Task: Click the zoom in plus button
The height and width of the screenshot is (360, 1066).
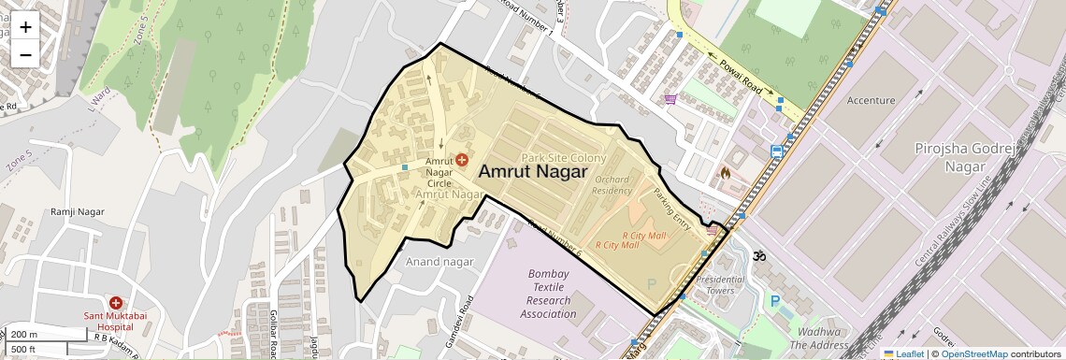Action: pyautogui.click(x=25, y=27)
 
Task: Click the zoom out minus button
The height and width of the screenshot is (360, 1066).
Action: pyautogui.click(x=25, y=54)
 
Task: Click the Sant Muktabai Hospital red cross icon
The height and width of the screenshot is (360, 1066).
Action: pyautogui.click(x=116, y=303)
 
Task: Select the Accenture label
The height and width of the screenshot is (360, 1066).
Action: pyautogui.click(x=871, y=99)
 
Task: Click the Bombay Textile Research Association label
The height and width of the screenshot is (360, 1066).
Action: pyautogui.click(x=552, y=294)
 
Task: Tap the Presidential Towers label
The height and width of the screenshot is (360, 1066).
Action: pyautogui.click(x=721, y=284)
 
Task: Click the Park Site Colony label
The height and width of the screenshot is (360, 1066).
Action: pyautogui.click(x=564, y=158)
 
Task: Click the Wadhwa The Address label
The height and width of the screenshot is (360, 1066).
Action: pyautogui.click(x=817, y=338)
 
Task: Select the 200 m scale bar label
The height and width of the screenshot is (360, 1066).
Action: pyautogui.click(x=25, y=335)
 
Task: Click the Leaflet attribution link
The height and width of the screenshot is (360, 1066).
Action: pyautogui.click(x=902, y=353)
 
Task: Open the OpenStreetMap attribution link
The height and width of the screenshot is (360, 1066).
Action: pyautogui.click(x=973, y=353)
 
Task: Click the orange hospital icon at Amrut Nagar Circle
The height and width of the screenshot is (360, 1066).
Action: pyautogui.click(x=462, y=161)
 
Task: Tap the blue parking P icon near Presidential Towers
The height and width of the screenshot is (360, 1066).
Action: pyautogui.click(x=774, y=301)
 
